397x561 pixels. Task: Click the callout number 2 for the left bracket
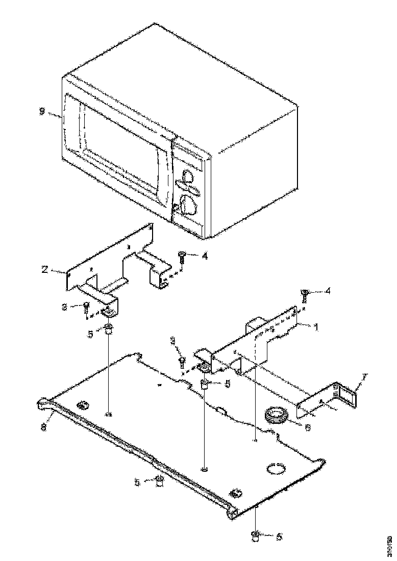click(x=45, y=268)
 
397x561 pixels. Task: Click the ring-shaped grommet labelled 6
click(x=277, y=414)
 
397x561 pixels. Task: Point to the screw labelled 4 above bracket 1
click(x=305, y=294)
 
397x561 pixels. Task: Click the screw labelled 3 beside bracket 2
click(x=87, y=308)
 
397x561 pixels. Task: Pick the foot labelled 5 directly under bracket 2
click(x=109, y=328)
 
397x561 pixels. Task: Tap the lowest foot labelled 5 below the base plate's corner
click(x=255, y=536)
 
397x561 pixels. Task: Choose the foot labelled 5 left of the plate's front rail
click(x=159, y=481)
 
